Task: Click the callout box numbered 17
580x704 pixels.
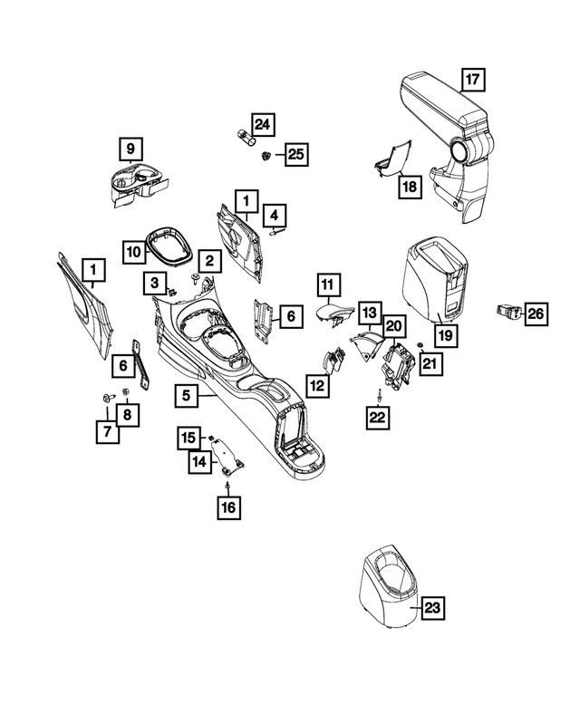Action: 471,81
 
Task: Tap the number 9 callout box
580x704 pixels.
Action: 130,148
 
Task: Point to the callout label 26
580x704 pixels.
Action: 536,314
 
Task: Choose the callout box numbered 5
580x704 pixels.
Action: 186,395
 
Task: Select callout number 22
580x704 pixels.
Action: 378,417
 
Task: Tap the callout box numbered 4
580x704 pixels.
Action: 275,217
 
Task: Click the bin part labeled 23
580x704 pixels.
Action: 385,589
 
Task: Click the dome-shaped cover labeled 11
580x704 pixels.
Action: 331,316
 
